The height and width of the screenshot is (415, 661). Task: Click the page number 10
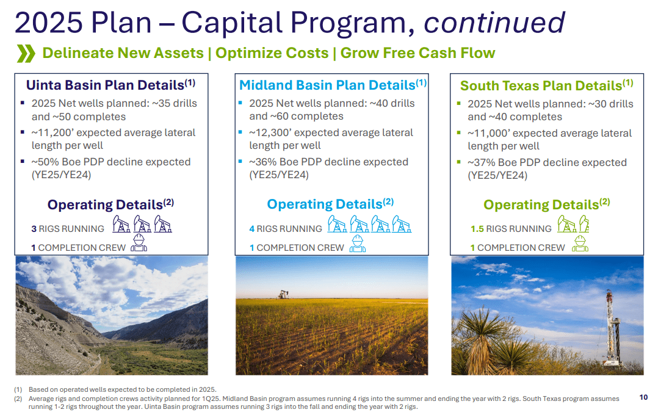click(643, 397)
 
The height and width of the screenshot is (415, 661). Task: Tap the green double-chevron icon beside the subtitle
click(26, 54)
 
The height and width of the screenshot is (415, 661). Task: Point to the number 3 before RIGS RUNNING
click(34, 229)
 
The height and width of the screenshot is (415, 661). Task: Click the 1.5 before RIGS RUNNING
click(477, 229)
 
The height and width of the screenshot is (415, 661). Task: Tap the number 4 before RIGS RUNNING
click(252, 229)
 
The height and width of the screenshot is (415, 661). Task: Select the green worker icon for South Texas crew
click(580, 244)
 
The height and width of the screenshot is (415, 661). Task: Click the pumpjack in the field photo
click(282, 294)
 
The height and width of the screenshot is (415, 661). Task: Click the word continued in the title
click(494, 23)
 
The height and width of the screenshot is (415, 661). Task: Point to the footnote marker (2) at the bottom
click(18, 399)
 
